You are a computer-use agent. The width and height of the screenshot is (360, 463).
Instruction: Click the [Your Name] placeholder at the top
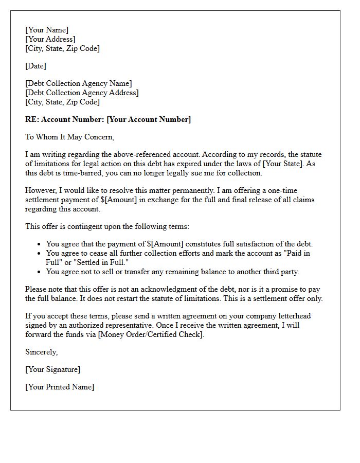tap(47, 30)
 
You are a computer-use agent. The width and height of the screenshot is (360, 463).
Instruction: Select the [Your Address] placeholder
tap(50, 40)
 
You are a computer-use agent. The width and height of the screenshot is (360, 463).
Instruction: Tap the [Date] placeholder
tap(35, 66)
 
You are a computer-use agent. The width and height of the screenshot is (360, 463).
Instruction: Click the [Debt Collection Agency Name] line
tap(78, 83)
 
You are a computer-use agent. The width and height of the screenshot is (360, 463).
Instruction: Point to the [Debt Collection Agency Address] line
tap(82, 93)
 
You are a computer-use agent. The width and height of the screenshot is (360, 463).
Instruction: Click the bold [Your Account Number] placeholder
tap(149, 119)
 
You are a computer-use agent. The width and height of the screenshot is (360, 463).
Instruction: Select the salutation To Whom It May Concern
tap(69, 137)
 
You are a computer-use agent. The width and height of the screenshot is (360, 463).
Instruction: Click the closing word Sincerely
tap(42, 352)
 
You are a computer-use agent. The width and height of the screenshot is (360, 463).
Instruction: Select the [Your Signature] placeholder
tap(52, 369)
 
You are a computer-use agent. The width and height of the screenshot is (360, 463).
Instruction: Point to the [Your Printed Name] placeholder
tap(60, 387)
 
